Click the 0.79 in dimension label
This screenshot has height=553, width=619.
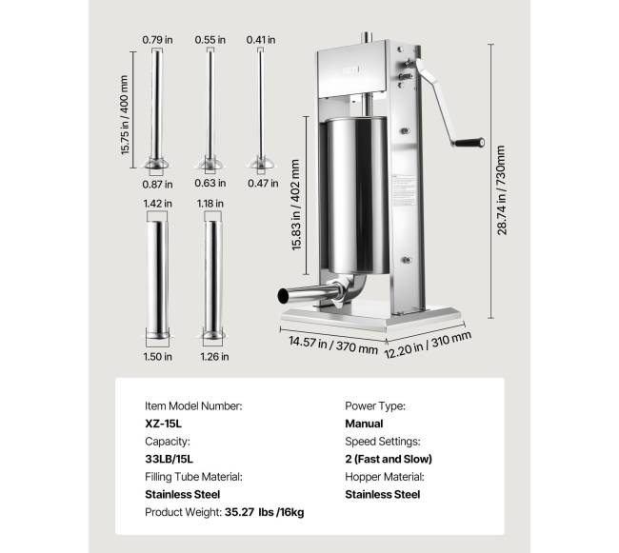pyautogui.click(x=157, y=40)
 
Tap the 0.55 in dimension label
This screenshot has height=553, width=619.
pyautogui.click(x=210, y=40)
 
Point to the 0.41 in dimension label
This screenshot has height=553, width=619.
pyautogui.click(x=260, y=40)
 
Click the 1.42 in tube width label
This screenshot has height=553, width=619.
pyautogui.click(x=157, y=203)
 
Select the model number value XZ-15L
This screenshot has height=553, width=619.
pyautogui.click(x=164, y=424)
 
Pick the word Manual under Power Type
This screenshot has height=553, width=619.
pyautogui.click(x=364, y=424)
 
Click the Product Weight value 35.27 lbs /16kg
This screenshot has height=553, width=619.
pyautogui.click(x=265, y=512)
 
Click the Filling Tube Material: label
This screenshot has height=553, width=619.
pyautogui.click(x=193, y=477)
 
